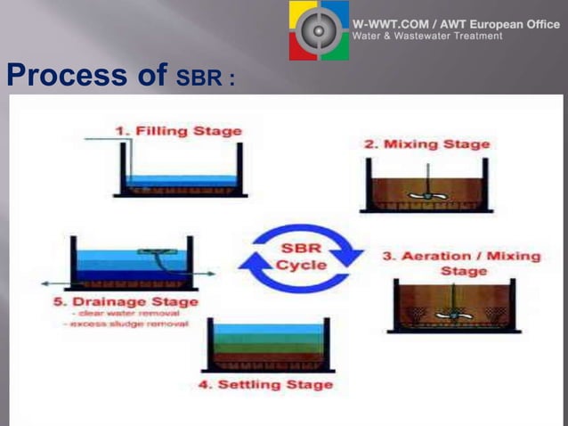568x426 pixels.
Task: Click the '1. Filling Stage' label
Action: pos(178,131)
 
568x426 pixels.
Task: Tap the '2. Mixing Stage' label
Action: pos(426,143)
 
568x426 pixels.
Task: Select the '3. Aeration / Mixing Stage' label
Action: pos(461,262)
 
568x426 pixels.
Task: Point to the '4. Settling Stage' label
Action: pos(265,384)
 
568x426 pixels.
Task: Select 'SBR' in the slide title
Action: pos(198,78)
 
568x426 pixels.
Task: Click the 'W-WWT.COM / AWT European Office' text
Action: pos(456,24)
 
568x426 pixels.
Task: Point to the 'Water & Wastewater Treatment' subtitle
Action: pos(427,37)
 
